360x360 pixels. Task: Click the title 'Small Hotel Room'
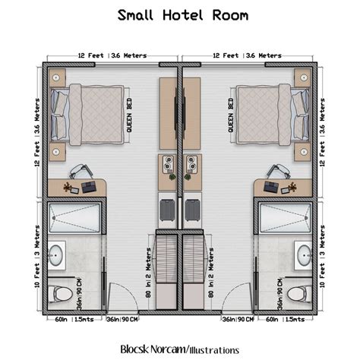coord(179,15)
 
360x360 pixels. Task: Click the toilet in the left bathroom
coord(62,292)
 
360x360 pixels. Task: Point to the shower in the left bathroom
coord(74,219)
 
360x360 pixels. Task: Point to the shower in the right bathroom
coord(286,219)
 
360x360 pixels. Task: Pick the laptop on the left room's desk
coord(89,185)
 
